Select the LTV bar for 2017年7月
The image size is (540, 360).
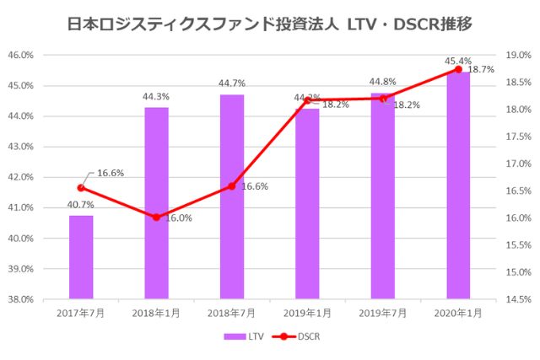coord(81,257)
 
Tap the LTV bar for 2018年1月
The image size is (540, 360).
coord(156,202)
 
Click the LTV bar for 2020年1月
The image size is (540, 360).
coord(459,185)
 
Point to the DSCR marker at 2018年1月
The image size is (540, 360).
coord(156,217)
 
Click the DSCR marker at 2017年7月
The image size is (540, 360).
coord(81,187)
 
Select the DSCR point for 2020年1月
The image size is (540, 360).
coord(459,69)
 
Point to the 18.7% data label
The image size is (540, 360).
coord(481,70)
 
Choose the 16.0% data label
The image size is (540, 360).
coord(178,218)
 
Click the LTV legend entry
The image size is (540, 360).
coord(245,336)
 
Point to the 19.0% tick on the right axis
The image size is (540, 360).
coord(517,55)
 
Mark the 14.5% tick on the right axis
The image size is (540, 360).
coord(517,298)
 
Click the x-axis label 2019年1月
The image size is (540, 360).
coord(308,313)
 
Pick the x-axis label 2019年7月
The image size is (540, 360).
coord(383,313)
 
